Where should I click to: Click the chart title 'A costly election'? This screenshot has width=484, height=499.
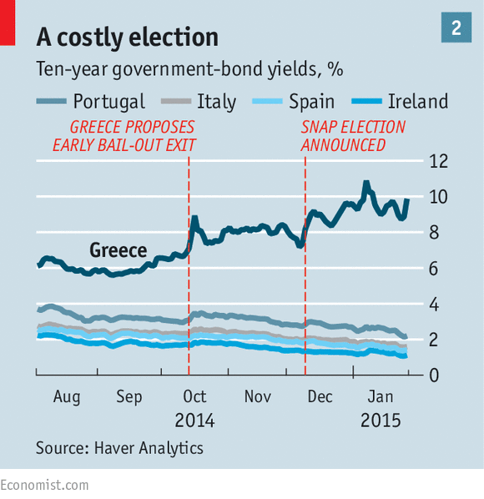pos(128,38)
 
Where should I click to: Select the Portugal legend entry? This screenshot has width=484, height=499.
pos(91,102)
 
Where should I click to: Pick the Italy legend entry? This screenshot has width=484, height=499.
pos(199,102)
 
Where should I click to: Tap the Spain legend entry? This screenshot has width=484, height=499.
pos(293,102)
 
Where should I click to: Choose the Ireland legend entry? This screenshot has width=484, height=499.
pos(400,102)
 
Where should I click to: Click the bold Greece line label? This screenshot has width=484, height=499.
pos(118,250)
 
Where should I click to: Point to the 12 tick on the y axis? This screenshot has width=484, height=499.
pos(438,161)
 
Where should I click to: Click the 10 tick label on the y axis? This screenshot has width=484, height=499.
pos(438,197)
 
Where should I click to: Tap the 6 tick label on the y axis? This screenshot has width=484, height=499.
pos(434,269)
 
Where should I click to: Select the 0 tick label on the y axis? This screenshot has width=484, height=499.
pos(434,376)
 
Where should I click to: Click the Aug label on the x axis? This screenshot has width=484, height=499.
pos(67,397)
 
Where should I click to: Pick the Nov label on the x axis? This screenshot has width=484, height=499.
pos(257,397)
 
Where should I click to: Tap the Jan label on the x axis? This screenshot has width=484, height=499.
pos(381,397)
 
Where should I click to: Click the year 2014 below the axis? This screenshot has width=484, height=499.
pos(194,421)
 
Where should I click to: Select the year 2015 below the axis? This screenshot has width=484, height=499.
pos(381,421)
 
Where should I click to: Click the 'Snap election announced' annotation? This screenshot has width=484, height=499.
pos(353,136)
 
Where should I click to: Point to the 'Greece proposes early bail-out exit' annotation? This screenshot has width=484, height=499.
pos(124,136)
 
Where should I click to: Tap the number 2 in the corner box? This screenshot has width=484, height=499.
pos(456,28)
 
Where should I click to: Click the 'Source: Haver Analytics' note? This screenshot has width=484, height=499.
pos(119,448)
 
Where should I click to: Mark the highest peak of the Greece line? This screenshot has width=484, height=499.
pos(366,182)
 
